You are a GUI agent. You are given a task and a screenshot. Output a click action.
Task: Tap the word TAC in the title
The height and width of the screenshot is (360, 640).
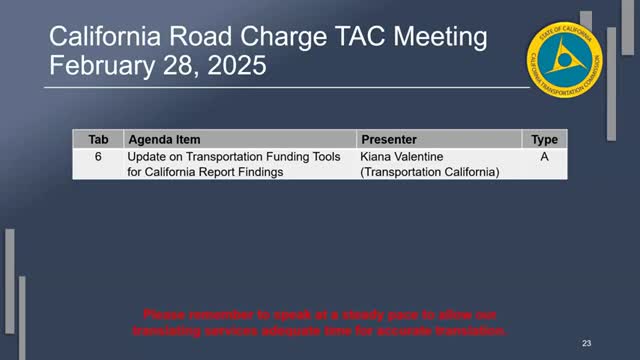pyautogui.click(x=330, y=39)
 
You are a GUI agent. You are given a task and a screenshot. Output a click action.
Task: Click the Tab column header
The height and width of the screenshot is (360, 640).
pyautogui.click(x=98, y=140)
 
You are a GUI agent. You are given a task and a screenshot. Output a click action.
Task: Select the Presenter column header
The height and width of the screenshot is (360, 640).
pyautogui.click(x=388, y=140)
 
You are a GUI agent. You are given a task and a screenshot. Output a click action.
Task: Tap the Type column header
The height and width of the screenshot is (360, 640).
pyautogui.click(x=544, y=140)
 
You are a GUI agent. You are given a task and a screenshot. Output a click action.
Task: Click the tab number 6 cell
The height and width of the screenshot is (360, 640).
pyautogui.click(x=98, y=158)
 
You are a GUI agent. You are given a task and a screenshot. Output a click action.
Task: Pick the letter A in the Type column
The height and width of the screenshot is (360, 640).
pyautogui.click(x=544, y=158)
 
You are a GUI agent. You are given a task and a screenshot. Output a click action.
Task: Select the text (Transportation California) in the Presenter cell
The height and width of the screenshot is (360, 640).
pyautogui.click(x=429, y=172)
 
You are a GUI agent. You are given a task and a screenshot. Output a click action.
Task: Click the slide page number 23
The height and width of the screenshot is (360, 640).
pyautogui.click(x=587, y=342)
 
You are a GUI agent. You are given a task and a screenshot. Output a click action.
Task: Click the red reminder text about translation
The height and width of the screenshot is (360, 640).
pyautogui.click(x=322, y=322)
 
